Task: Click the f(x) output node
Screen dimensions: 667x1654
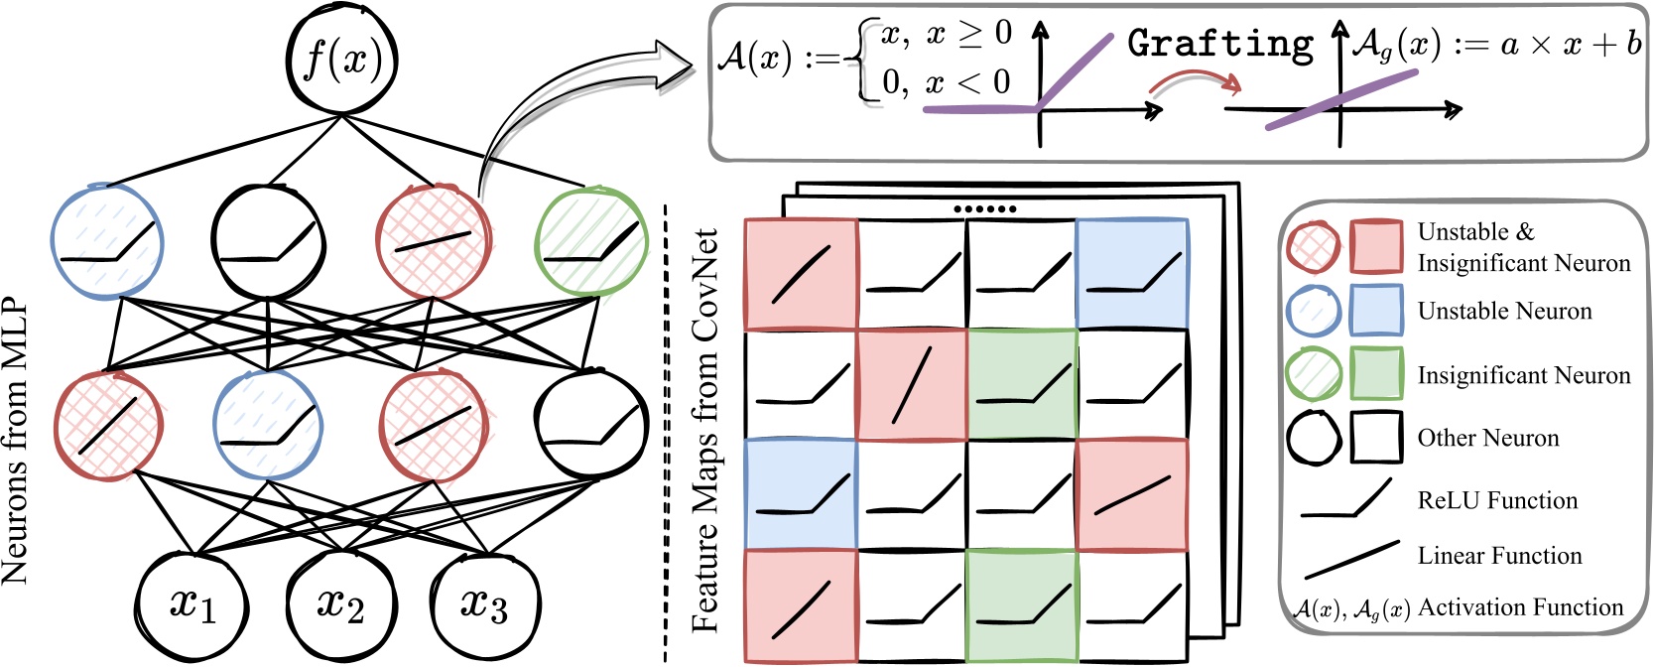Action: point(341,60)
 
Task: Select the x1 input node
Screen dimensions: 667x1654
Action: point(191,603)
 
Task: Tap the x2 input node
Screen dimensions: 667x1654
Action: point(340,603)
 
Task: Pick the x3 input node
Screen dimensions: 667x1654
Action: point(484,603)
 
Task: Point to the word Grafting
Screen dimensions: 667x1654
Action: point(1220,44)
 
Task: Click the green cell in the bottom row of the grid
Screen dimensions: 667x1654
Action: point(1022,605)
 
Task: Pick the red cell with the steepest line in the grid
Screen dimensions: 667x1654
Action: point(912,385)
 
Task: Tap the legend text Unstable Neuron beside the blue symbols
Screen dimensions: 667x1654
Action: point(1504,312)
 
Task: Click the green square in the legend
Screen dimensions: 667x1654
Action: point(1376,373)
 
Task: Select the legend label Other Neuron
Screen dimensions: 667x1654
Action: point(1487,438)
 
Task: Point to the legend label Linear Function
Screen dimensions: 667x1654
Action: point(1499,556)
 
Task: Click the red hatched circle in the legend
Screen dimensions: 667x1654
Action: point(1313,246)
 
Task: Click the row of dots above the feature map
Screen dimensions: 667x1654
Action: point(984,209)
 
